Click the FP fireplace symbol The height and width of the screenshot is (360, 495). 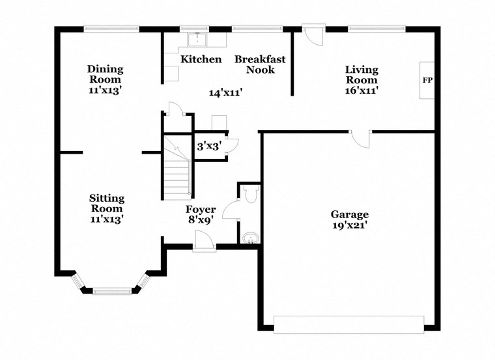click(427, 81)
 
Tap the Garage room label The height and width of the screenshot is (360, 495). click(349, 214)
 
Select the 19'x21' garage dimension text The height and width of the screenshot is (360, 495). click(349, 225)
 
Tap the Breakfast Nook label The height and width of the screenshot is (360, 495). click(259, 64)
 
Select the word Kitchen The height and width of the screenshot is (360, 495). click(201, 59)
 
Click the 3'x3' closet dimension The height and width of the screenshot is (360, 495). click(208, 146)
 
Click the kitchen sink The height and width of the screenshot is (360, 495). click(197, 40)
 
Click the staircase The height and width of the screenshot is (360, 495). click(177, 171)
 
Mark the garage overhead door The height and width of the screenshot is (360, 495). click(348, 324)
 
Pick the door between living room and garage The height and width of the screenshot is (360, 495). click(360, 138)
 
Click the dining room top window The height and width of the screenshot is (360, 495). click(111, 28)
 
